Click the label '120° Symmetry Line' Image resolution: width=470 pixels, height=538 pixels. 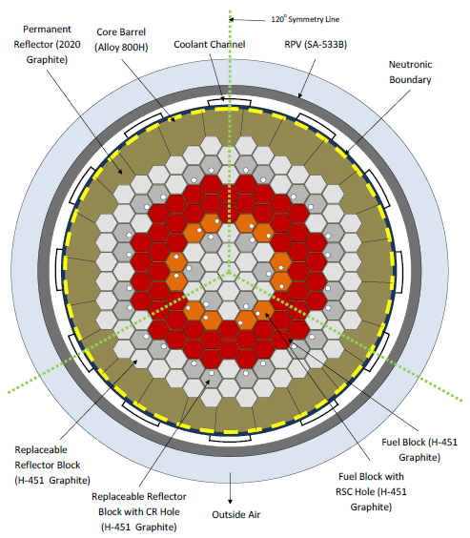tap(305, 19)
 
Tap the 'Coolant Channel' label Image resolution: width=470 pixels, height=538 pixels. tap(210, 44)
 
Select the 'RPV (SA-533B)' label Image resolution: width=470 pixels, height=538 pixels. tap(316, 44)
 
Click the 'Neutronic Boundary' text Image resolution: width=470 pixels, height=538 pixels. tap(410, 72)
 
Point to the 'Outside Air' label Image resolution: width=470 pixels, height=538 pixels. tap(236, 515)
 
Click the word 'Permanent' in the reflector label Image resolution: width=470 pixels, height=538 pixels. tap(47, 30)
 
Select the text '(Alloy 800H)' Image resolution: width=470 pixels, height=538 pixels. tap(121, 48)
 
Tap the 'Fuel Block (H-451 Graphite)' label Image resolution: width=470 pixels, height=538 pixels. tap(419, 449)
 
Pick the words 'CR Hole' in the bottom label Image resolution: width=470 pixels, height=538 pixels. tap(163, 511)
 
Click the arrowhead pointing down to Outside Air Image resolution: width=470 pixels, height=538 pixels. tap(230, 501)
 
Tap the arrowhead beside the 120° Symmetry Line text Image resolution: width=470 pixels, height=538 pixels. tap(232, 20)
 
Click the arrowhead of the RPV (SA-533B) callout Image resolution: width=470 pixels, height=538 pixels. tap(300, 95)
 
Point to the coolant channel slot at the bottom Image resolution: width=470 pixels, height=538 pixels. tap(230, 439)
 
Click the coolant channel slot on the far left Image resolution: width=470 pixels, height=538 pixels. tap(59, 270)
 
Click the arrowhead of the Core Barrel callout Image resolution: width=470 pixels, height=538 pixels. tap(173, 119)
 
